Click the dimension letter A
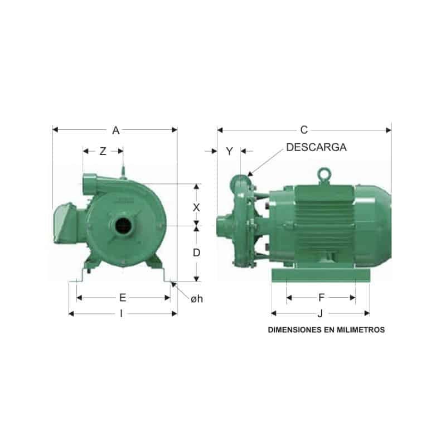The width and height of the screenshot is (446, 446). (x=116, y=130)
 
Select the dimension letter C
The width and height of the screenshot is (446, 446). (x=304, y=130)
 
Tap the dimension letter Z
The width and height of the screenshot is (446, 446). (x=103, y=151)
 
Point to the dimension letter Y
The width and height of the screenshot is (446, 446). (x=229, y=151)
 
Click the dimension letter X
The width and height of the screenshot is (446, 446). (x=196, y=208)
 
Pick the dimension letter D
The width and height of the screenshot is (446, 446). (x=197, y=253)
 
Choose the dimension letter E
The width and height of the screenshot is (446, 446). (x=123, y=298)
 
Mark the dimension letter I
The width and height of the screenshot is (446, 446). (x=122, y=314)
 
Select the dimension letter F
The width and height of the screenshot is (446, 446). (x=322, y=298)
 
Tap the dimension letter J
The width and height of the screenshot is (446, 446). (x=320, y=313)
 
